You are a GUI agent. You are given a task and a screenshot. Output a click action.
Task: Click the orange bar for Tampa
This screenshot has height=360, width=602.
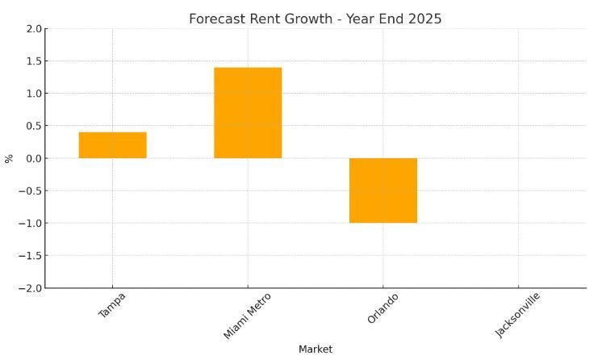112,145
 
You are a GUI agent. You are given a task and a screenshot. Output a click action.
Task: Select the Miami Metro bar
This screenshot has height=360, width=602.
248,113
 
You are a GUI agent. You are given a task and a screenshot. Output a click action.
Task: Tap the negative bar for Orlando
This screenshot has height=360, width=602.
383,190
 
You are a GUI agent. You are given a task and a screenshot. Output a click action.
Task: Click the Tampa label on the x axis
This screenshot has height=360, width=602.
112,305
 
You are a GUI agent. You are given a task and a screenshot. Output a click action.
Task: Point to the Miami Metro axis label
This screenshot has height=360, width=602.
247,316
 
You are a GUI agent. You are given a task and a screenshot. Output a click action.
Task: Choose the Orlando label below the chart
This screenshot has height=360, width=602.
383,308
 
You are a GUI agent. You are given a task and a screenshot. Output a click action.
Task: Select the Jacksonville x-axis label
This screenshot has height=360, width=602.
518,315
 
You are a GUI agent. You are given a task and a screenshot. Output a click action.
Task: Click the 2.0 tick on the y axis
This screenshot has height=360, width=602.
34,29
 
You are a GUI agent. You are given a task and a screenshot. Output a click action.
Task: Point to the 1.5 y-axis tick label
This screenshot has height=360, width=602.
34,61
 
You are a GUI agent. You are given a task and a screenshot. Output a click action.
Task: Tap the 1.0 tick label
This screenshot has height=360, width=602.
34,94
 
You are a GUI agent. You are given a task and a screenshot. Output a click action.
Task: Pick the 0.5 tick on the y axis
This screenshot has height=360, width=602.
34,126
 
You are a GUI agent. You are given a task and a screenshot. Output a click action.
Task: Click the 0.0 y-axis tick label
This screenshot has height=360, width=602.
34,158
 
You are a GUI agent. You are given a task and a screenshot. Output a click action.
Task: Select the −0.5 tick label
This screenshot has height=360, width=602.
31,190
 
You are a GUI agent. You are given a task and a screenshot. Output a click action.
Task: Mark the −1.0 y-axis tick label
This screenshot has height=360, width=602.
31,224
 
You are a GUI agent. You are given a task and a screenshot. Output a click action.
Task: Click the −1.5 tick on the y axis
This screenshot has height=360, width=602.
31,256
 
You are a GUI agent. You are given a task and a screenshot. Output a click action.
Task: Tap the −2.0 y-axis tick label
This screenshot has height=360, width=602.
31,288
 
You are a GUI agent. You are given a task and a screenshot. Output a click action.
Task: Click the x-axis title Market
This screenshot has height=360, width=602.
316,350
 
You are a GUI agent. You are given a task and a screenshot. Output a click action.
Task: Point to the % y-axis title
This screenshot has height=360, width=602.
9,158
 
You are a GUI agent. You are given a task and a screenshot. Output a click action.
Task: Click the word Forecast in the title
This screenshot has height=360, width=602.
218,19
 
